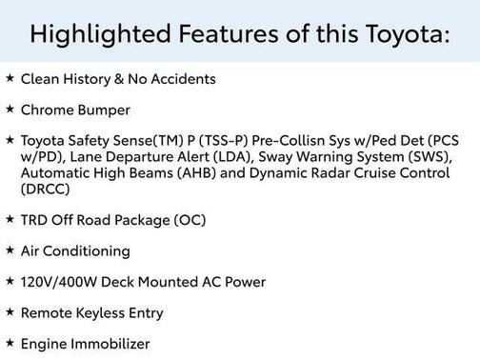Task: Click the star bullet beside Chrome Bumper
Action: tap(10, 110)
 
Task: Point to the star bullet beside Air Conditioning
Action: tap(10, 250)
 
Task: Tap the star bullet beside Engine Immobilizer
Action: tap(10, 343)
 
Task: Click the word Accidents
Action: tap(184, 79)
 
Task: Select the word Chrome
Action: tap(46, 110)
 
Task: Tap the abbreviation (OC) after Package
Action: tap(190, 220)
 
